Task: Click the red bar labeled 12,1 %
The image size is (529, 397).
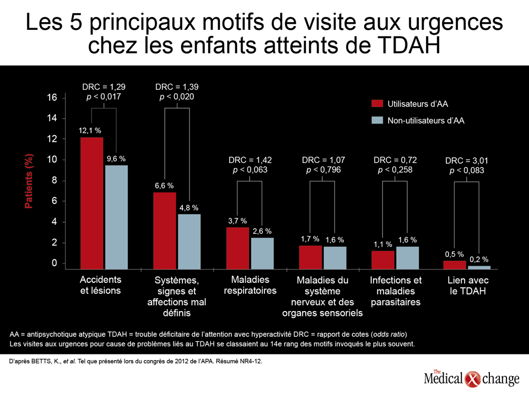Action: tap(92, 203)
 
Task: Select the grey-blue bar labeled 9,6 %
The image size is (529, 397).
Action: tap(116, 217)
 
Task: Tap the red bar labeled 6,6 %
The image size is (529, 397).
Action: tap(165, 230)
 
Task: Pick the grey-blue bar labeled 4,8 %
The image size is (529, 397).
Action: tap(189, 242)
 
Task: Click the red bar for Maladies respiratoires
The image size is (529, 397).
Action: tap(237, 248)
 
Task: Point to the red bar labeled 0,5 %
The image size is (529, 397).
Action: tap(455, 265)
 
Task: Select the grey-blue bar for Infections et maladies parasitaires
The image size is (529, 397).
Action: tap(408, 258)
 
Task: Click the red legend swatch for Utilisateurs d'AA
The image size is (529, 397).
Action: tap(377, 103)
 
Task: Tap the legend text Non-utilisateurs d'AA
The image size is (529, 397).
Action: tap(426, 121)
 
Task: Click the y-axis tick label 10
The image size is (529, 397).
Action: tap(52, 159)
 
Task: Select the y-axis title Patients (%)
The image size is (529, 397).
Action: tap(29, 181)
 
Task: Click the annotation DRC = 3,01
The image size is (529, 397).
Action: tap(467, 160)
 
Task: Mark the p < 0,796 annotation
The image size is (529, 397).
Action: tap(323, 170)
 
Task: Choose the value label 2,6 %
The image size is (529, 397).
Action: tap(262, 231)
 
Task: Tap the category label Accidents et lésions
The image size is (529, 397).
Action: tap(100, 285)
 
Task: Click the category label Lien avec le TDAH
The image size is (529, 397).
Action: tap(468, 286)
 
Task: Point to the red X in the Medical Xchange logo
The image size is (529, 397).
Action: tap(473, 379)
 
